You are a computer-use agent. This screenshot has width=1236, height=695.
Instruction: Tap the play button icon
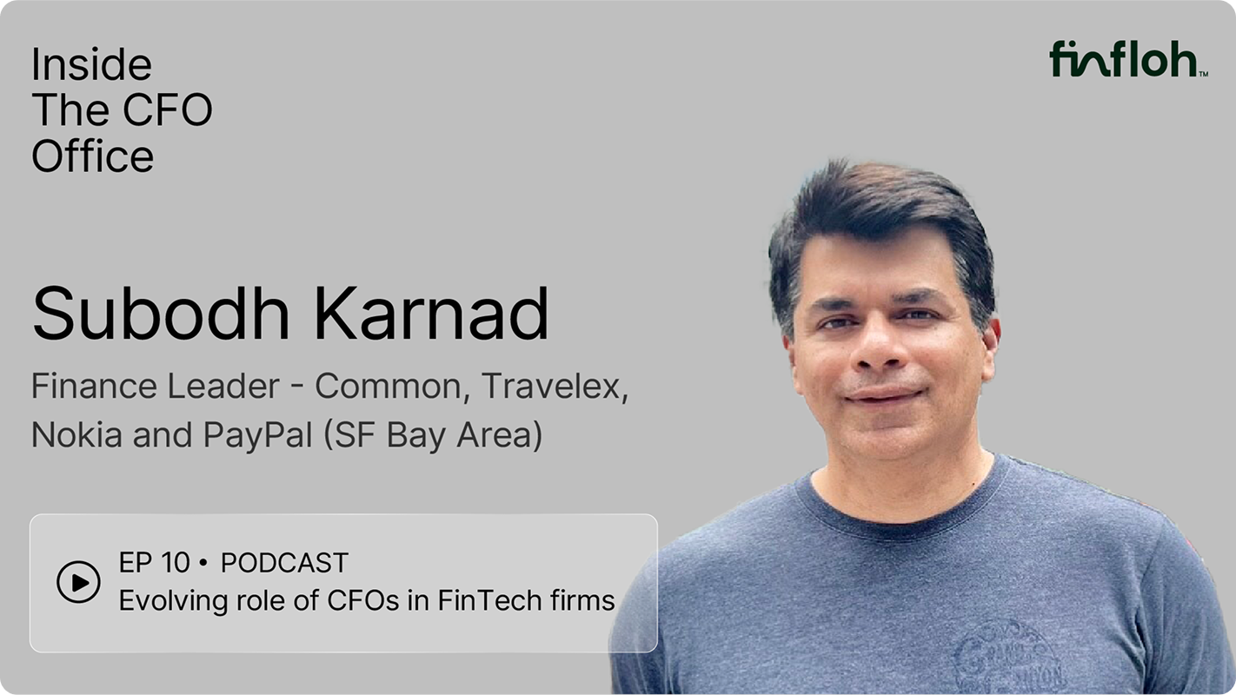point(78,582)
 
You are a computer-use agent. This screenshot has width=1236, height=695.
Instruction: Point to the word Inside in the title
point(91,65)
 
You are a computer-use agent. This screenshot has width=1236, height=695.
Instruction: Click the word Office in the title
point(92,156)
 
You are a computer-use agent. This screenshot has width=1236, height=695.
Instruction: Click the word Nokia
point(76,434)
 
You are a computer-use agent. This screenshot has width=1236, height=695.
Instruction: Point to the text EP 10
point(154,563)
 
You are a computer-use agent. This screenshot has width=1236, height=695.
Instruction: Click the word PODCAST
point(284,563)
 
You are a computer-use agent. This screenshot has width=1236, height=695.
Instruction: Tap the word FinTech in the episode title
point(486,600)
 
